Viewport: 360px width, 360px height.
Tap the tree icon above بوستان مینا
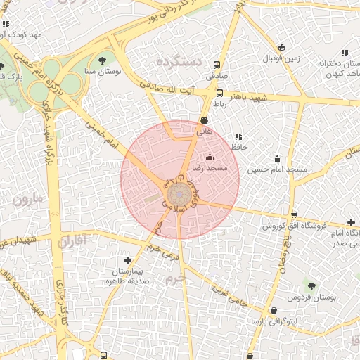tap(103, 60)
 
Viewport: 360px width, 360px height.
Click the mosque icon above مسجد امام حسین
tap(277, 158)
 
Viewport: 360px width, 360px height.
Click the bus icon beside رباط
tap(220, 93)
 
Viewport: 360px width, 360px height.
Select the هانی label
tap(204, 131)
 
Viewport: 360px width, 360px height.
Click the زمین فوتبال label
tap(281, 58)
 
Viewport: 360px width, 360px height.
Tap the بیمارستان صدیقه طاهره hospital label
tap(127, 276)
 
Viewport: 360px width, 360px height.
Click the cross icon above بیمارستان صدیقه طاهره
tap(127, 260)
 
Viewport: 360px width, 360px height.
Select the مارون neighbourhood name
tap(28, 199)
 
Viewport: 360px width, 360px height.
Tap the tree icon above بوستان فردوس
tap(311, 285)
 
